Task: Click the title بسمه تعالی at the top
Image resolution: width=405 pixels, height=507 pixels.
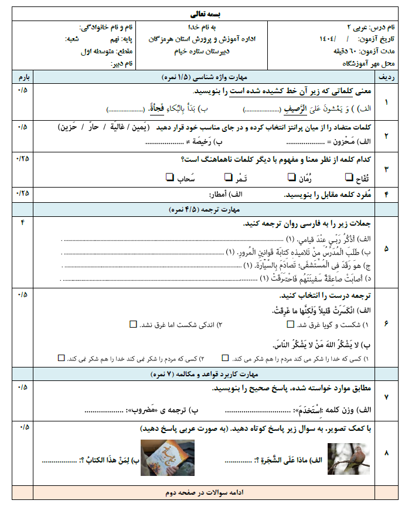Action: [x=203, y=12]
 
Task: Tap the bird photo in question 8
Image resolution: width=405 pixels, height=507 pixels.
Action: [x=344, y=458]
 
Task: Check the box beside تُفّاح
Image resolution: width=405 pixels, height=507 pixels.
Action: [x=350, y=176]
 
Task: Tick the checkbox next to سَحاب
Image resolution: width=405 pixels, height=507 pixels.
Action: [x=169, y=176]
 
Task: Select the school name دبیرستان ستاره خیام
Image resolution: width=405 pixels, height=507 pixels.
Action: [x=204, y=51]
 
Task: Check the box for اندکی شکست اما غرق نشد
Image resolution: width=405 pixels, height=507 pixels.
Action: [x=132, y=324]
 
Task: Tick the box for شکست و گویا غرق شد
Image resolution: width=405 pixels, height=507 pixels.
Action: [x=290, y=324]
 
